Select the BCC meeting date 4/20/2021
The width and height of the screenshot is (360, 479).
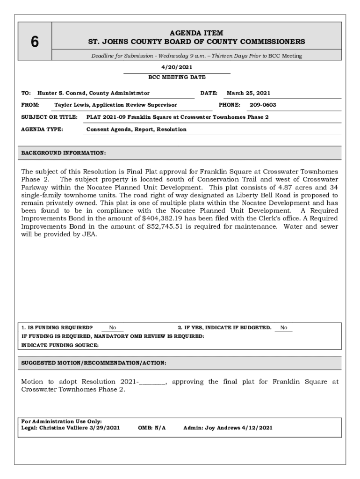point(177,67)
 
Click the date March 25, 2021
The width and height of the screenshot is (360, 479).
point(248,93)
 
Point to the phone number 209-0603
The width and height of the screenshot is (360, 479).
point(263,105)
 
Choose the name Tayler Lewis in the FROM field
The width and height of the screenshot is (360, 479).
point(69,105)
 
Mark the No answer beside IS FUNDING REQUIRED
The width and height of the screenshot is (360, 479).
point(113,328)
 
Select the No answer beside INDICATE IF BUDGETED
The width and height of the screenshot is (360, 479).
point(284,328)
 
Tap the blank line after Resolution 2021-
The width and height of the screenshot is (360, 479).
point(152,382)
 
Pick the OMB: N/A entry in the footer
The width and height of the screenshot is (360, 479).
point(152,428)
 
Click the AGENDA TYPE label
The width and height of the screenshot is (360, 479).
point(43,129)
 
